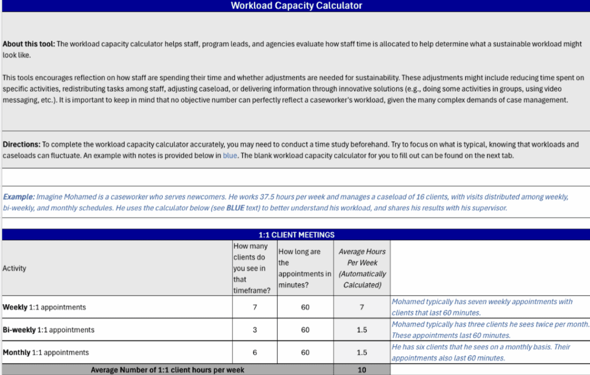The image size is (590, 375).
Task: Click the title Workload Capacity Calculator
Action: [296, 6]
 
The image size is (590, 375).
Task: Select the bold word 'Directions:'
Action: [21, 145]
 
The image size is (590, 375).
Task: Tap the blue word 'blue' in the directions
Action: [230, 156]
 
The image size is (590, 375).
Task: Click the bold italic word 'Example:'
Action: [19, 197]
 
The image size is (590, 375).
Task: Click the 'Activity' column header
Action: [14, 268]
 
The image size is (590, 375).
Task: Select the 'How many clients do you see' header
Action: [254, 268]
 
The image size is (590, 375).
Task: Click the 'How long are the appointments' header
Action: [305, 268]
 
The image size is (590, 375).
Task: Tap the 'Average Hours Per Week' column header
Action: [362, 268]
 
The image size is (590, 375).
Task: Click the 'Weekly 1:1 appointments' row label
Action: [44, 308]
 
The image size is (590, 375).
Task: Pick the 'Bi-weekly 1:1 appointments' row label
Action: [48, 330]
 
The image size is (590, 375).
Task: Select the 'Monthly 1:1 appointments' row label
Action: [46, 353]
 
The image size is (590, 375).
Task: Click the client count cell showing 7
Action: [255, 308]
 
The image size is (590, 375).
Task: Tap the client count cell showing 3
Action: [255, 330]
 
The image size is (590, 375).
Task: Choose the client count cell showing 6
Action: [255, 353]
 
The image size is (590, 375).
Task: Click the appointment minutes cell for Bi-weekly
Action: [305, 330]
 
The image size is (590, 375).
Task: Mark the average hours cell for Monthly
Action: [362, 353]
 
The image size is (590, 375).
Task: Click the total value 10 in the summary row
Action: [362, 370]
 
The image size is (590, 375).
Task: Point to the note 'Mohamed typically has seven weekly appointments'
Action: [482, 302]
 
